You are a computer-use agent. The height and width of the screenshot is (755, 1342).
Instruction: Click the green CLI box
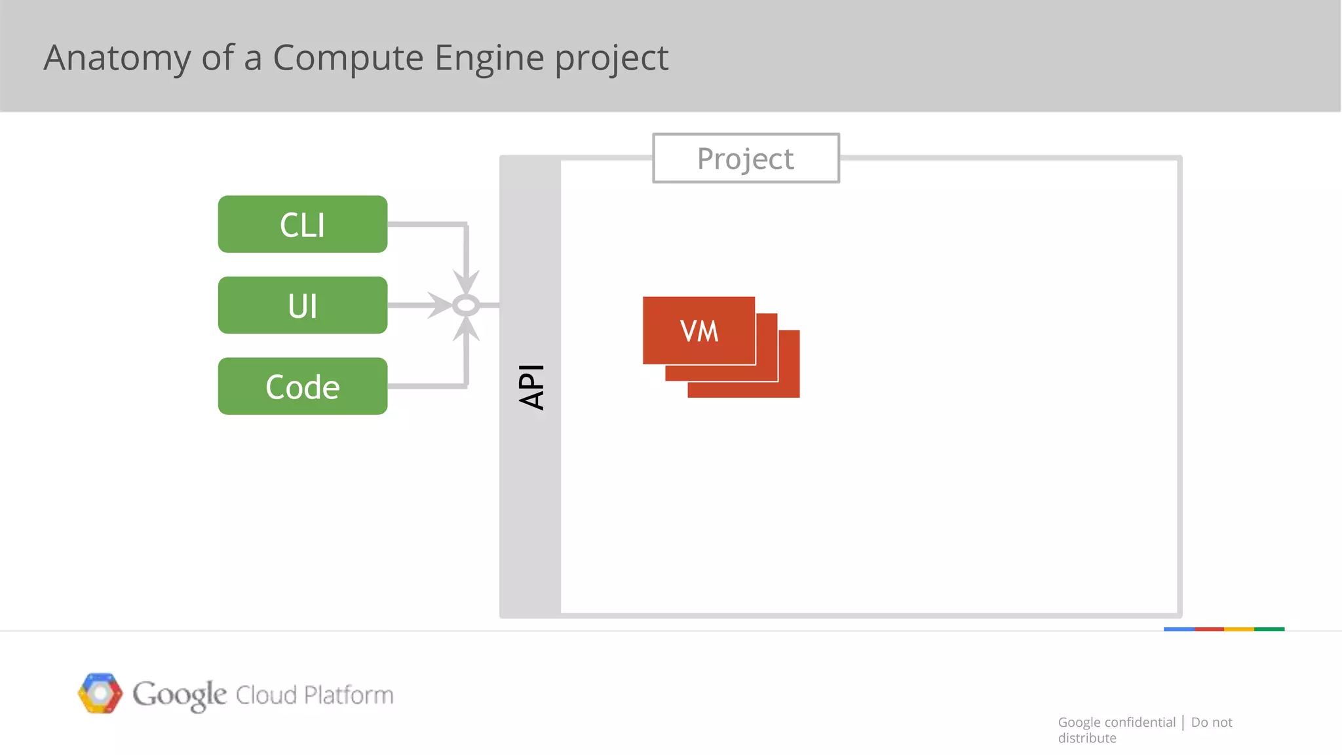(302, 224)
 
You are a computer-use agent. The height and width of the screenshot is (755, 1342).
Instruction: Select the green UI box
(302, 305)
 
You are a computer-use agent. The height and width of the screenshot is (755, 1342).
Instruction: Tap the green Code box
(302, 386)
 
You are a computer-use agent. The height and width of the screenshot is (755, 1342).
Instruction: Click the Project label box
(746, 159)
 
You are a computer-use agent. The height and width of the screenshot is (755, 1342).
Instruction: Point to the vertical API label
(531, 387)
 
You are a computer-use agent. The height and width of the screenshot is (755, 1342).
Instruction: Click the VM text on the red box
(699, 331)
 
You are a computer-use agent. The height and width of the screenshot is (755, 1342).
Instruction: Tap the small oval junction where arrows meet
(466, 305)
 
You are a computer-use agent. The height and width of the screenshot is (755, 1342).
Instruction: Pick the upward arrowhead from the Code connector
(466, 329)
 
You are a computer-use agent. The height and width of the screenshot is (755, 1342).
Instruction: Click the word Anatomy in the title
(117, 58)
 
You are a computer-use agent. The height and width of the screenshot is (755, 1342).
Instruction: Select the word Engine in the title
(489, 58)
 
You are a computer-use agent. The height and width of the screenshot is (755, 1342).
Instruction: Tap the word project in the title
(611, 58)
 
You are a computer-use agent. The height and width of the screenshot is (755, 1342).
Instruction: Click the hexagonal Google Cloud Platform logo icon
(100, 693)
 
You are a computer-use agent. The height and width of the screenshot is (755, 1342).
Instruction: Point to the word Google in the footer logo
(180, 694)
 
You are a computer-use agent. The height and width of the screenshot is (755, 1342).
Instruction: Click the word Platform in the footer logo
(349, 695)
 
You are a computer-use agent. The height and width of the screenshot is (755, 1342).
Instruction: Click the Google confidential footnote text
(1117, 722)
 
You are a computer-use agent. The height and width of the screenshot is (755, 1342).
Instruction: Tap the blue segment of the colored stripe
(1179, 629)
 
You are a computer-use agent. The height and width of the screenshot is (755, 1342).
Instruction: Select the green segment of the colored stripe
(1269, 629)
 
